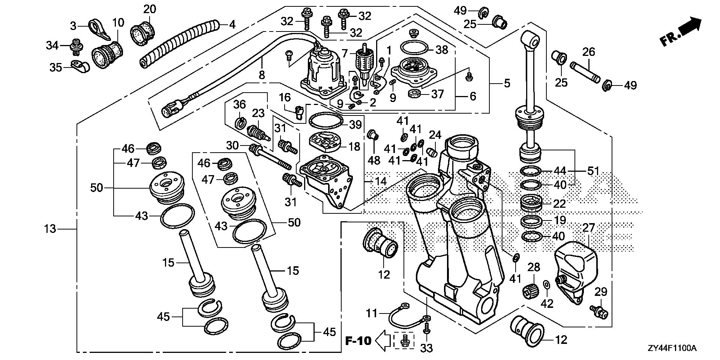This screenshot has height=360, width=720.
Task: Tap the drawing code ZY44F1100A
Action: point(672,349)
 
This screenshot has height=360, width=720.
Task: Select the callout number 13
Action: point(50,228)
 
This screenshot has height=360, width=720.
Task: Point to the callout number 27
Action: point(588,228)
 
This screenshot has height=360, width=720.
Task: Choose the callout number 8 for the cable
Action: point(261,75)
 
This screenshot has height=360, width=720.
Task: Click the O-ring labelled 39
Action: point(326,121)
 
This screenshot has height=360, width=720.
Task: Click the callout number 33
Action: point(427,348)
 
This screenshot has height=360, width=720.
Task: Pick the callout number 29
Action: point(600,291)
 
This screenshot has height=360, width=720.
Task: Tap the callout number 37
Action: point(437,94)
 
